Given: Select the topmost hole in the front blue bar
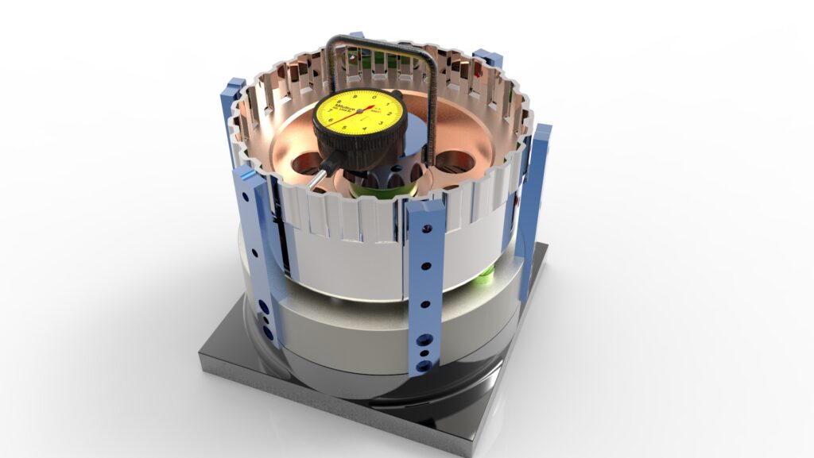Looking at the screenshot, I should [428, 229].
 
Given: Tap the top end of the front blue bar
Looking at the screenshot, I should [426, 208].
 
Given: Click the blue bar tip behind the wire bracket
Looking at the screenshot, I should [356, 37].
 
